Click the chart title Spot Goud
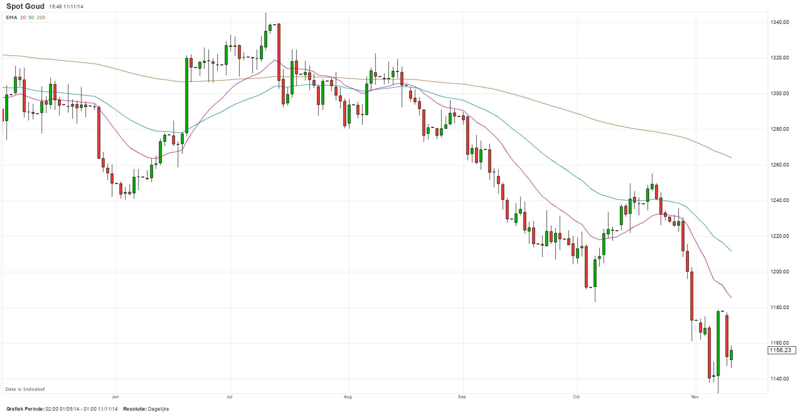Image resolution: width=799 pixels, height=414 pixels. coord(25,6)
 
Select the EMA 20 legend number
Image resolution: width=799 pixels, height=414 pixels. coord(23,17)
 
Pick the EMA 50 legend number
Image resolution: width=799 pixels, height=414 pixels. coord(31,17)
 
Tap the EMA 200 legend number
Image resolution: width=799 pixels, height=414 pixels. coord(41,17)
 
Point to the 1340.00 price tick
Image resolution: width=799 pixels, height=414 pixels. coord(779,22)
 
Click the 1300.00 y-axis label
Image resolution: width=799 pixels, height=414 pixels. coord(779,93)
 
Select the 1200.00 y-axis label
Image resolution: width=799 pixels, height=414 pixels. coord(779,272)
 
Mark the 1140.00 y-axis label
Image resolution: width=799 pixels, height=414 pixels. coord(779,379)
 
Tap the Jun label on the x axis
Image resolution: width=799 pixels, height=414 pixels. coord(115,397)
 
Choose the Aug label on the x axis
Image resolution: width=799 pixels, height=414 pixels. coord(347,397)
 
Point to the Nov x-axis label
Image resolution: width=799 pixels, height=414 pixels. coord(695,397)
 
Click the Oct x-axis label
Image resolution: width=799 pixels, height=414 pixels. coord(576,397)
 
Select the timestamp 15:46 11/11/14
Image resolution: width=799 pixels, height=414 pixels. coord(66,7)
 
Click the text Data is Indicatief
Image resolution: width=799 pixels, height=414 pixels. coord(25,389)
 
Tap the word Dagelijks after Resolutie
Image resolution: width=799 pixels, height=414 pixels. coord(158,409)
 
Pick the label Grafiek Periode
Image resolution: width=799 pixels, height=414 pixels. coord(25,409)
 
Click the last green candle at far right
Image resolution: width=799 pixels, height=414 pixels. coord(731,355)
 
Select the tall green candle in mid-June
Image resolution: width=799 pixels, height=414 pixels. coord(187,95)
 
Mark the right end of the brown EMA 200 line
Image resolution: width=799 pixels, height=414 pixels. coord(731,158)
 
